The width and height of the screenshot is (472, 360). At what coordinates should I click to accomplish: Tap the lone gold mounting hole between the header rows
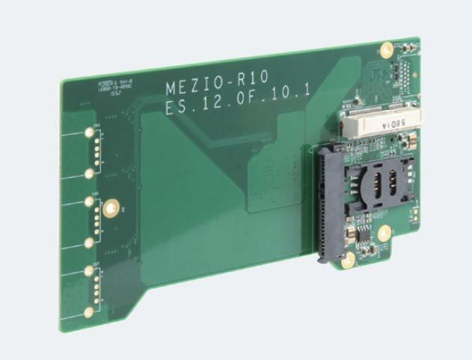tap(111, 207)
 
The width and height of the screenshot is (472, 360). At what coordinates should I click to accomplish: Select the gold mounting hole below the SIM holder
tap(384, 233)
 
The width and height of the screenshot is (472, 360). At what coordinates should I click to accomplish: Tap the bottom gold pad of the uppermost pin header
tap(89, 173)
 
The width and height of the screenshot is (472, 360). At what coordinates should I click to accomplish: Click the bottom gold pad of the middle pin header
tap(89, 242)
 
